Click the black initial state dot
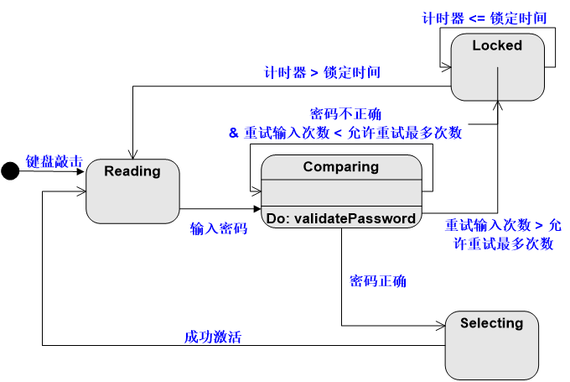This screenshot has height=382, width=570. point(10,171)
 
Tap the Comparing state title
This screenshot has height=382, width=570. point(340,166)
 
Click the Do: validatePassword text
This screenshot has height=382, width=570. point(340,218)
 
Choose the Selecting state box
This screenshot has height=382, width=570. point(491,345)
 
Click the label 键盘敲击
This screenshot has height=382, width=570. point(54,160)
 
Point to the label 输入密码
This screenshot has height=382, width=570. point(218,228)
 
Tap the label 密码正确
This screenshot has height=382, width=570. point(377,281)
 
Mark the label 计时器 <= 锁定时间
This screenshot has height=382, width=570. point(486,18)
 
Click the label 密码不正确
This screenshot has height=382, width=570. point(345,113)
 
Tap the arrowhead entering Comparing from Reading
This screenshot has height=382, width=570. point(256,208)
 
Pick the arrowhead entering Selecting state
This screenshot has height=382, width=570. point(440,326)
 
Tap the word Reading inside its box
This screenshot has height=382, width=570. point(132,171)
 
